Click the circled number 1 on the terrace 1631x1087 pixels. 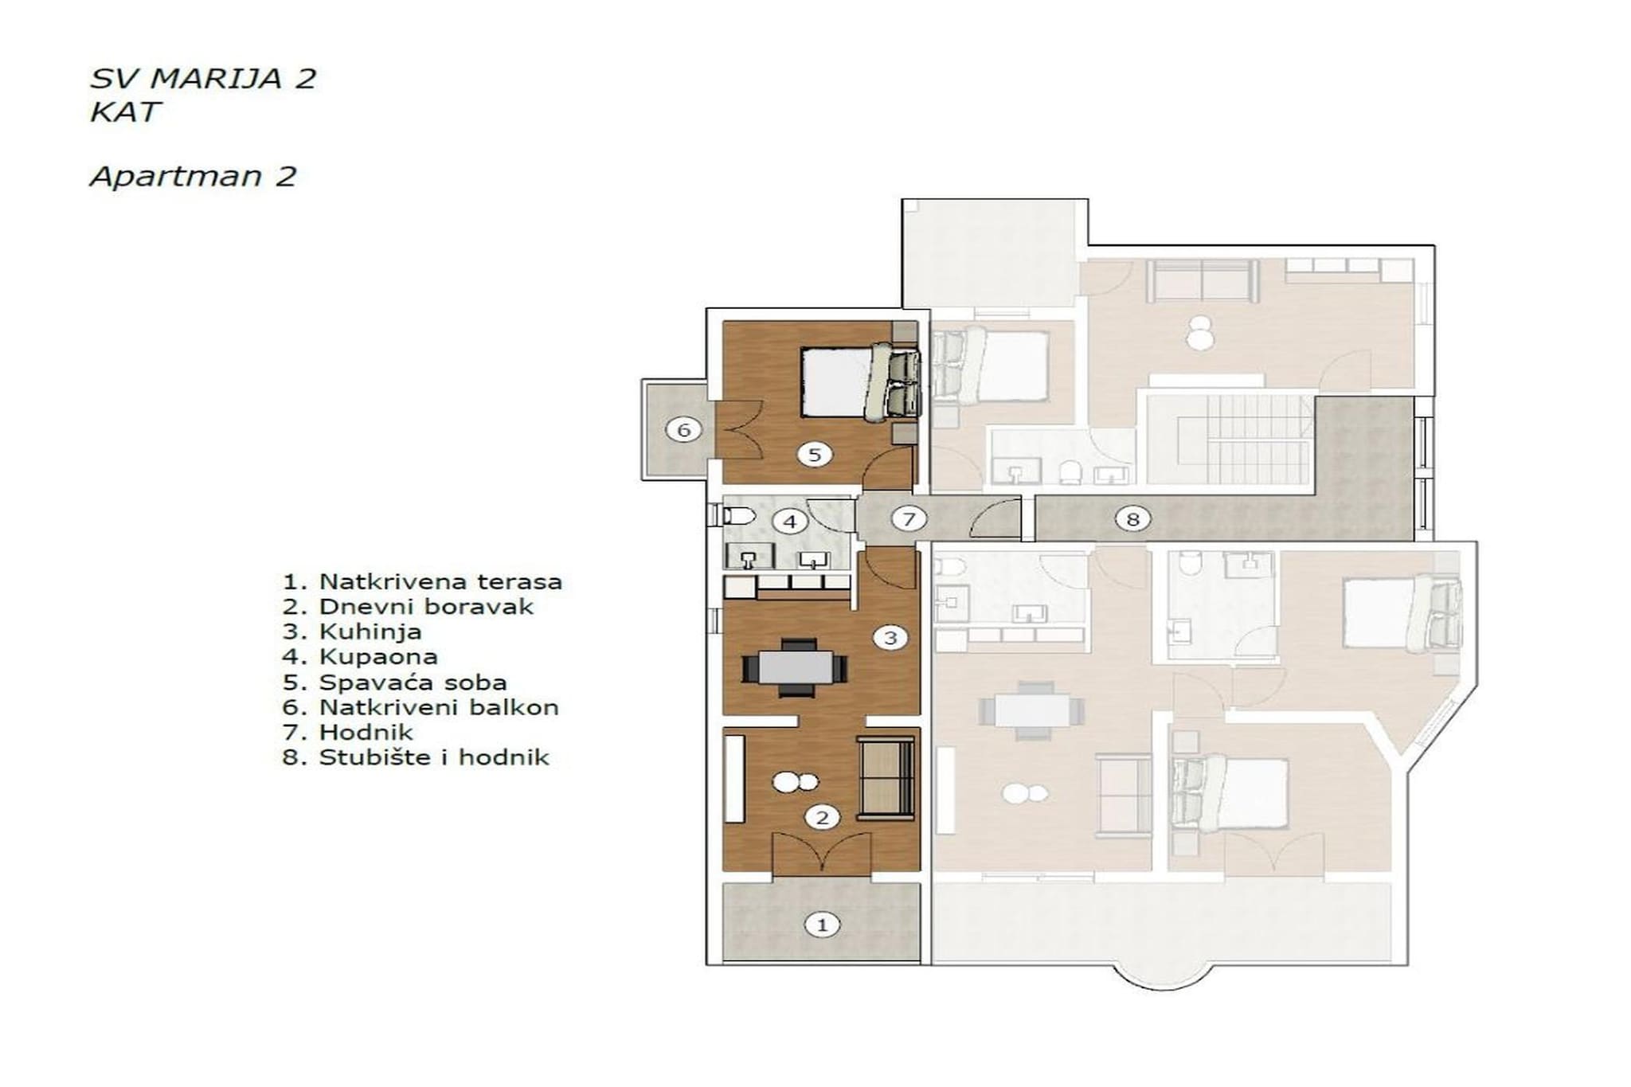point(822,925)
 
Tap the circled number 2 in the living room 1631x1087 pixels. point(822,817)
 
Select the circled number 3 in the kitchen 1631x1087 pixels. point(890,637)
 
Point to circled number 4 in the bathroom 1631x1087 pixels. point(790,522)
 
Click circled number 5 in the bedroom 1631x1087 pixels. point(814,455)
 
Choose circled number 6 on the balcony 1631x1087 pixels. point(683,430)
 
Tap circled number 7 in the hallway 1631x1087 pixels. point(908,519)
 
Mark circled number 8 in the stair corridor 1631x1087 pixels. point(1132,519)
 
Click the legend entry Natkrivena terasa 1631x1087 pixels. point(422,582)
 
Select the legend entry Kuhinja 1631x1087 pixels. point(352,632)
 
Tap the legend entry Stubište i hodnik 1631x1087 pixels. point(416,757)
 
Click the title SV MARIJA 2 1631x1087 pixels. point(203,79)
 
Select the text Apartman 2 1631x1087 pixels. point(194,176)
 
